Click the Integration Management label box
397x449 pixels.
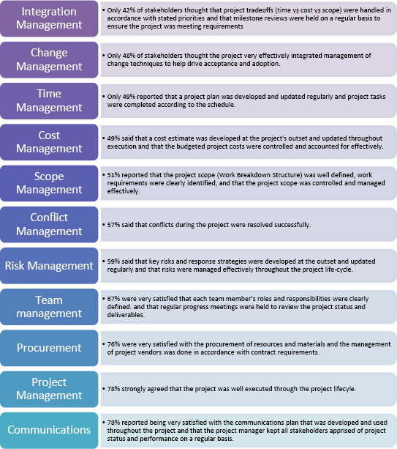[49, 18]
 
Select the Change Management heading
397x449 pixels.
[49, 60]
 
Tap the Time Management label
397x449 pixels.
[49, 101]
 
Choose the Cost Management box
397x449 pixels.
[49, 142]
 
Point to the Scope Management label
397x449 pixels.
[49, 183]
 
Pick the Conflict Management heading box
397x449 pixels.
[49, 224]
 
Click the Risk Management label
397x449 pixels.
[49, 266]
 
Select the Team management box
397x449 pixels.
[49, 307]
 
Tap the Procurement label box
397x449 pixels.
[49, 348]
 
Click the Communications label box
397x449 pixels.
[49, 431]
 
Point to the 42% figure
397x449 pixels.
[128, 10]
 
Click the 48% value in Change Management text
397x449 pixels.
[128, 56]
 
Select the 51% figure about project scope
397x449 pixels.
[113, 175]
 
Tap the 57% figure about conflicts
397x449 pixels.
[113, 225]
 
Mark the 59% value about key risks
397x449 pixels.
[113, 261]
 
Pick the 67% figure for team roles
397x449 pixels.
[113, 299]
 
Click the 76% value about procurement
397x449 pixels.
[113, 344]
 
